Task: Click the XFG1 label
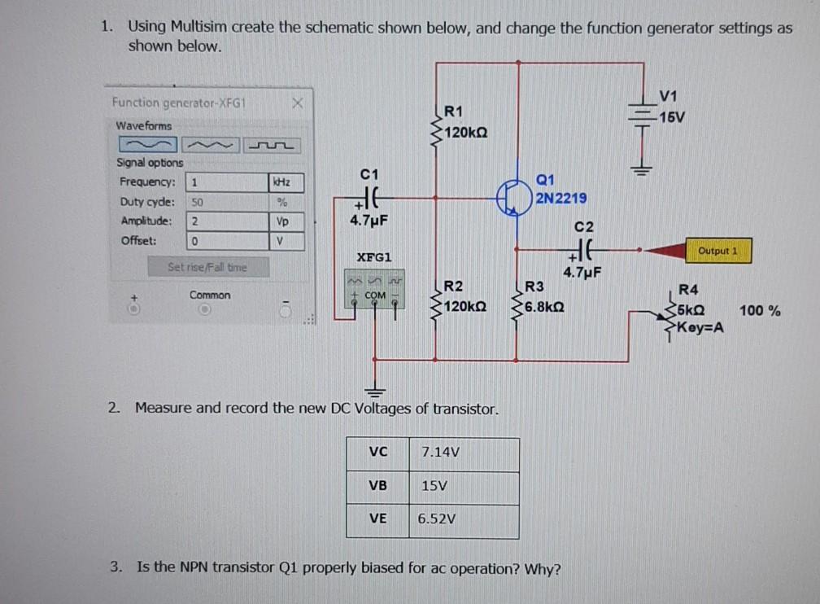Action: point(375,256)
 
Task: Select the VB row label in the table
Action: point(377,485)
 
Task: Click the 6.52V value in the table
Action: point(437,519)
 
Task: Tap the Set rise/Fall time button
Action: point(207,266)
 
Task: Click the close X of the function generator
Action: point(298,103)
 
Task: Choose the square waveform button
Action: point(274,146)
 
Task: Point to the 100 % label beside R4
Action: point(760,310)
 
